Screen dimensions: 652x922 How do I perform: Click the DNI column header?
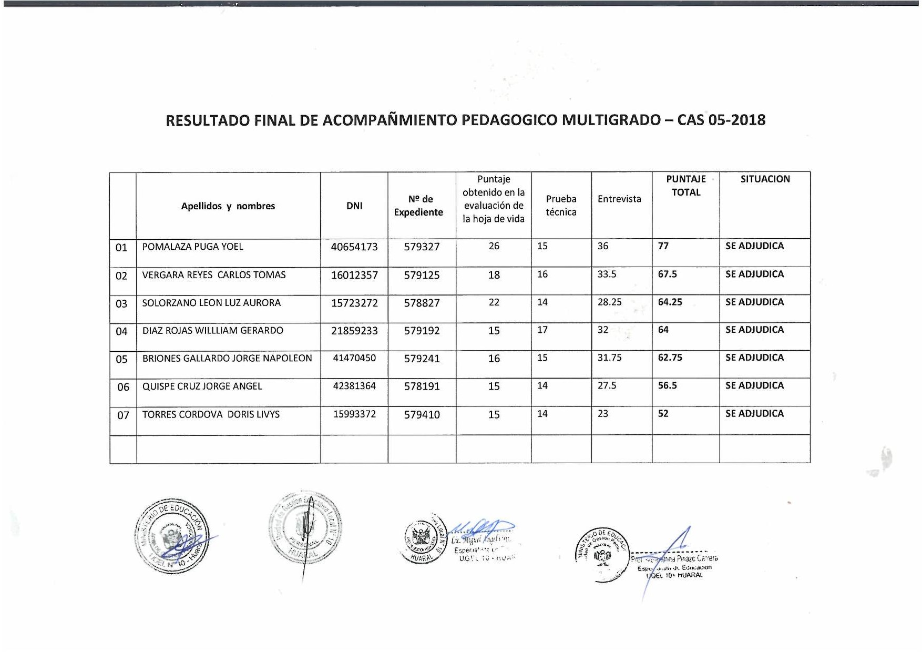coord(354,206)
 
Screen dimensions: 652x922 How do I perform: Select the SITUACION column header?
coord(765,179)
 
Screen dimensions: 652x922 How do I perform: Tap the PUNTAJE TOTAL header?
coord(686,186)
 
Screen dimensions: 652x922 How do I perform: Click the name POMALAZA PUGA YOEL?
coord(192,247)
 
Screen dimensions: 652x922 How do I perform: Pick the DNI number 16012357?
coord(354,275)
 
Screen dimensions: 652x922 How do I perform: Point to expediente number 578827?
coord(422,303)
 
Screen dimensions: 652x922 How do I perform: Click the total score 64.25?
coord(670,302)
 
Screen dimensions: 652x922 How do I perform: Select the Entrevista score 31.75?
coord(609,358)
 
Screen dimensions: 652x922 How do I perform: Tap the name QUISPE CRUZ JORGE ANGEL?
coord(202,386)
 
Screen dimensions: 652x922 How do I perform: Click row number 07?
coord(123,415)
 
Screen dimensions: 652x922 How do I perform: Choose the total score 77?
coord(663,246)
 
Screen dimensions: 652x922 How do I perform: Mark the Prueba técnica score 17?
coord(542,330)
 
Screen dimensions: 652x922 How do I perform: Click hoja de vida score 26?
coord(494,246)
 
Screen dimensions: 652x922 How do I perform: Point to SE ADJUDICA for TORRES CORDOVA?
coord(754,414)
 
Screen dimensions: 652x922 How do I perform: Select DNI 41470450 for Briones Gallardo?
coord(354,358)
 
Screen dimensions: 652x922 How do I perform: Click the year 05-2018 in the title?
coord(736,120)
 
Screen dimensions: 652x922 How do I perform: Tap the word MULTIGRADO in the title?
coord(611,120)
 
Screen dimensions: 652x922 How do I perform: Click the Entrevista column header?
coord(619,199)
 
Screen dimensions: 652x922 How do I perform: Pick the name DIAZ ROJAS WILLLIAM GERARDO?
coord(212,330)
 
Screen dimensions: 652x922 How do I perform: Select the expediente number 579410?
coord(422,415)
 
